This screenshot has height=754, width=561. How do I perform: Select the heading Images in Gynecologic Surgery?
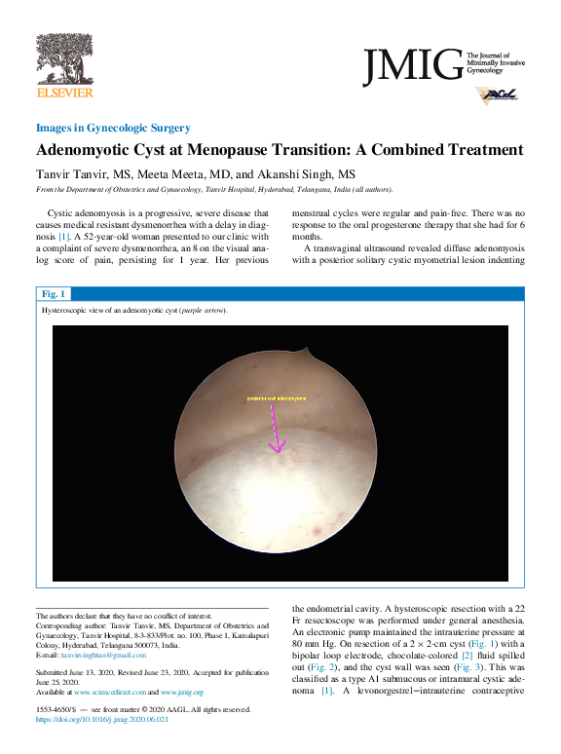click(x=112, y=128)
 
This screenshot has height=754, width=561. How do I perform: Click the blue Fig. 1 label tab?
click(x=54, y=293)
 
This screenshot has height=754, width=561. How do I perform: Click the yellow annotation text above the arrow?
click(x=276, y=398)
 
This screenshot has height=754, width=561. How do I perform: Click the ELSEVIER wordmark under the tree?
click(x=64, y=93)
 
